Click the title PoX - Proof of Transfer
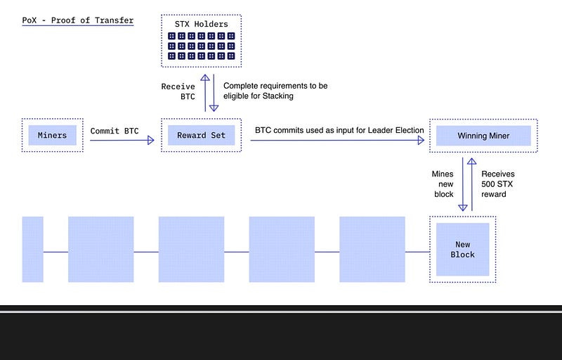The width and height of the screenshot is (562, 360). (78, 20)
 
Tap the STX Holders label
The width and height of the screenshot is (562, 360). (201, 24)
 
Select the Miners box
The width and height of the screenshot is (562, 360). (53, 135)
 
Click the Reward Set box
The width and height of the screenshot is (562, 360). (201, 135)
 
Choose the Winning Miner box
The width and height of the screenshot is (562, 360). (483, 135)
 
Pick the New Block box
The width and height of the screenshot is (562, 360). (462, 249)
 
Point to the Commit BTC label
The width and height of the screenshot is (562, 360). (115, 130)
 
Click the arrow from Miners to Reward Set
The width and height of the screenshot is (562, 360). (121, 141)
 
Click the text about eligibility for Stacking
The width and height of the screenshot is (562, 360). (275, 91)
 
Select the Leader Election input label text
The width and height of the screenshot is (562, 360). (339, 130)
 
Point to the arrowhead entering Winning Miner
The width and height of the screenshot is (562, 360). (421, 141)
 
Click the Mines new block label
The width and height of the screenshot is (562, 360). (443, 184)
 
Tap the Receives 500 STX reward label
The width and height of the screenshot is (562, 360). (497, 184)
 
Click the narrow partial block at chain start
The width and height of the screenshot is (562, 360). (32, 249)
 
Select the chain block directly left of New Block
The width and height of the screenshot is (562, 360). (372, 249)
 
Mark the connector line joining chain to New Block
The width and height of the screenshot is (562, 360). (417, 251)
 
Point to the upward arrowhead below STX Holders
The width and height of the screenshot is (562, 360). (205, 79)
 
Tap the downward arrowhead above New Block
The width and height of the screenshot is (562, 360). (463, 207)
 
